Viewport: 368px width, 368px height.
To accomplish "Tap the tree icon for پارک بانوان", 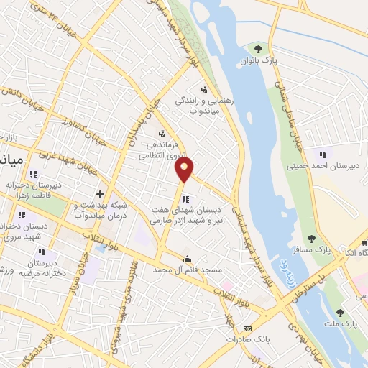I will coord(258,49).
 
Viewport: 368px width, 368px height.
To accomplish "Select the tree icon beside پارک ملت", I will coord(339,313).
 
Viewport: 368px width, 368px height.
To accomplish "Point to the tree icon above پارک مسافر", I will coord(311,239).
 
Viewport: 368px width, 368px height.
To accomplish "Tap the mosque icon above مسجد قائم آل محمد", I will coord(188,259).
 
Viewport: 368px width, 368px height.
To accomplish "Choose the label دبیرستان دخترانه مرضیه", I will coord(43,269).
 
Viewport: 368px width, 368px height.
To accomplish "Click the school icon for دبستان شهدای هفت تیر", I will coord(185,199).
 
